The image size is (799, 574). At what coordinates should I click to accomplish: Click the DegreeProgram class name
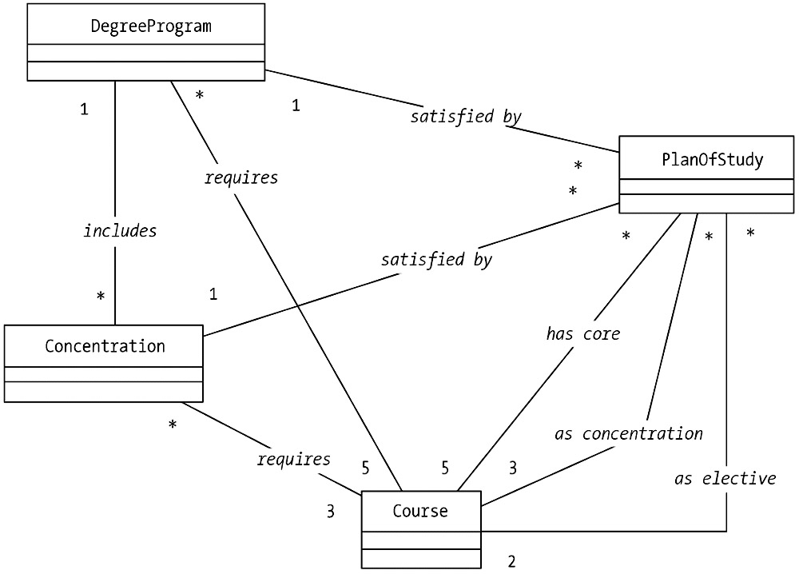[151, 26]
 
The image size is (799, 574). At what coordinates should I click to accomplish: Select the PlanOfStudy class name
[712, 160]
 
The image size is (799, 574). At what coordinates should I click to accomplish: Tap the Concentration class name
[105, 346]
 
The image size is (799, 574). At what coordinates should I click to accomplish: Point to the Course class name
[420, 511]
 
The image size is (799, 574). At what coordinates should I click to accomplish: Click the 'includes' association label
[120, 231]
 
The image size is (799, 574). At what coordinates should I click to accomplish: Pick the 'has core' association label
[583, 334]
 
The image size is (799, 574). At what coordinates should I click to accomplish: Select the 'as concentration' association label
[629, 434]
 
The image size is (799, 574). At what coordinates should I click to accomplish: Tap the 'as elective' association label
[725, 479]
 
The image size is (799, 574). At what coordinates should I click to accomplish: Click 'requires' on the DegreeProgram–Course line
[241, 177]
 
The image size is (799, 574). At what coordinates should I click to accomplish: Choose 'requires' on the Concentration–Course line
[293, 460]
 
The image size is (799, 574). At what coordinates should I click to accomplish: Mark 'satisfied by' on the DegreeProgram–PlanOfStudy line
[466, 117]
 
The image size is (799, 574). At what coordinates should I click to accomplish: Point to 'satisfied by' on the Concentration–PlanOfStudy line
[436, 260]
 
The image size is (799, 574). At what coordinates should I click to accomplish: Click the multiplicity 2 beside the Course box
[512, 561]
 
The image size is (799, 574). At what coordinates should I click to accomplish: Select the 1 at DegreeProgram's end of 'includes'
[84, 110]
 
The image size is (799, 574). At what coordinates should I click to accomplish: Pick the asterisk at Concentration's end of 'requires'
[173, 425]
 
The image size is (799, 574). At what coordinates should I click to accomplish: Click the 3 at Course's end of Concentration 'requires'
[330, 511]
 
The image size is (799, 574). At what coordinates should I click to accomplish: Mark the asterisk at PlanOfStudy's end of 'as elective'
[750, 234]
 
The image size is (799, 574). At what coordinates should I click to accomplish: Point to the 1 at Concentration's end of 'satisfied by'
[213, 294]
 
